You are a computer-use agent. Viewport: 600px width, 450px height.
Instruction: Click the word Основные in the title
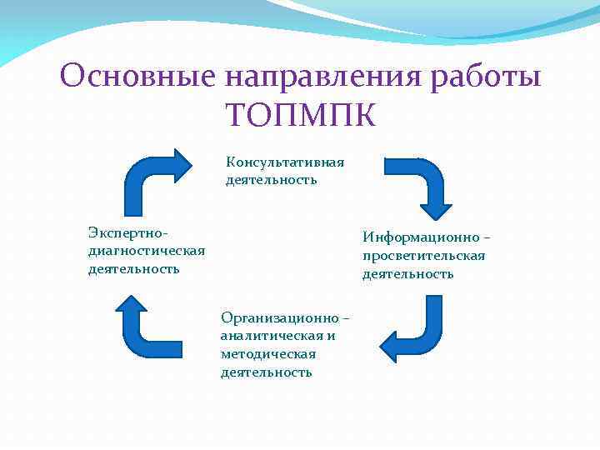137,77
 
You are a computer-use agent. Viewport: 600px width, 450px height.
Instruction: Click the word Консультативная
285,162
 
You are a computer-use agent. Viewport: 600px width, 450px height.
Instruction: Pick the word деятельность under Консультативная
271,180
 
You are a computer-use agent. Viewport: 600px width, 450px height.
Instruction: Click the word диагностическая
146,250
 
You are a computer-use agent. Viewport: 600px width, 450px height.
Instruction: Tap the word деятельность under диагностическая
133,268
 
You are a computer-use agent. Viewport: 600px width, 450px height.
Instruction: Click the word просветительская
423,255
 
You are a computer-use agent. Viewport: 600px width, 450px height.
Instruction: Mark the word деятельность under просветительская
407,273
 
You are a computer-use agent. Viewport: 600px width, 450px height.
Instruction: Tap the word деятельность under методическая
266,372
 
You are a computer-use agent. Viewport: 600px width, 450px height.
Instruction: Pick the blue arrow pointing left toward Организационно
412,330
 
